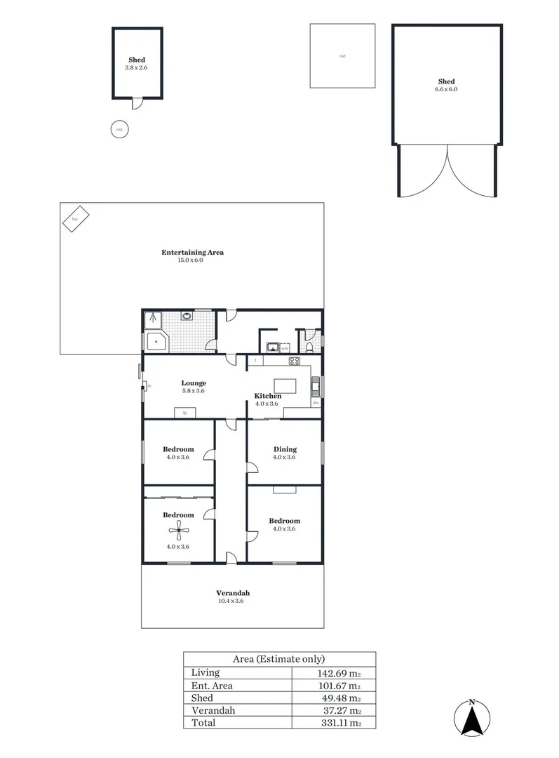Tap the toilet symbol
[309, 347]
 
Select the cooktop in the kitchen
[295, 361]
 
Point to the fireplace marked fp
[185, 413]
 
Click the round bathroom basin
[187, 317]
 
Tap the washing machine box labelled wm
[284, 348]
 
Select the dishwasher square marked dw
[316, 403]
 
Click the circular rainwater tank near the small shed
[120, 129]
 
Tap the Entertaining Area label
[192, 253]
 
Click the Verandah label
[234, 593]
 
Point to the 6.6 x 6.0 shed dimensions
[447, 90]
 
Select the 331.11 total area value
[344, 722]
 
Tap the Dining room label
[285, 449]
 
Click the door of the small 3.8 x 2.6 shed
[139, 104]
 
